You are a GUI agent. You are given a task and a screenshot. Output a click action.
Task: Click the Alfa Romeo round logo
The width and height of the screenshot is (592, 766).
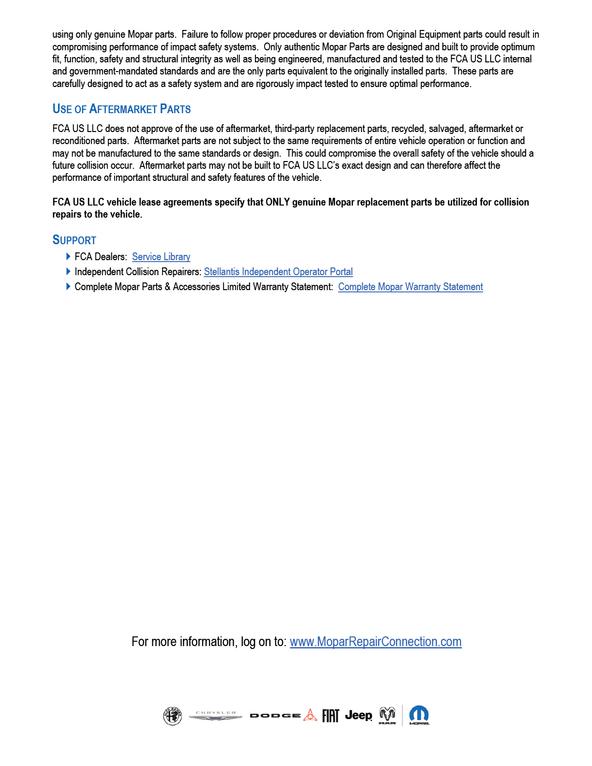[172, 716]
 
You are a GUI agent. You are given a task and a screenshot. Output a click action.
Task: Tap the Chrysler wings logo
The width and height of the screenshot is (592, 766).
[216, 716]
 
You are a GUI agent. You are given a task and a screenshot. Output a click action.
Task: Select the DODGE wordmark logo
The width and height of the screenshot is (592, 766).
[275, 716]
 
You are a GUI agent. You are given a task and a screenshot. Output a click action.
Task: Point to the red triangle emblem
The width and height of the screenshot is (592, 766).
[310, 715]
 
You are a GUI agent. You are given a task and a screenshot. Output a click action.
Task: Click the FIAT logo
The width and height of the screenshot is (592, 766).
[331, 716]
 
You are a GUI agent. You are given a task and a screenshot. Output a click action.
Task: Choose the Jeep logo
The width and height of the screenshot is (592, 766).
[358, 715]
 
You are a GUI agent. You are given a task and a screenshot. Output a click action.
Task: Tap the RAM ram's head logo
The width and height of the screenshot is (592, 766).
[387, 715]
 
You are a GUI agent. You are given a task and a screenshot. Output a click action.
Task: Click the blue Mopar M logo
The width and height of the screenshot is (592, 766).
[419, 715]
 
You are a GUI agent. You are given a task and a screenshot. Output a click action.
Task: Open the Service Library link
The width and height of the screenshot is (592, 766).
[161, 257]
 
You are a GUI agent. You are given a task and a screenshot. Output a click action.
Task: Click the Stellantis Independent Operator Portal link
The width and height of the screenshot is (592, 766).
[278, 272]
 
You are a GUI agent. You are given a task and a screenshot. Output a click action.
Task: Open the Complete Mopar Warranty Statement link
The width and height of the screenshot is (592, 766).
[410, 287]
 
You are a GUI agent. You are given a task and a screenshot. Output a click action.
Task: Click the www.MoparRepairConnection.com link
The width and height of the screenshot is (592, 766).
[375, 642]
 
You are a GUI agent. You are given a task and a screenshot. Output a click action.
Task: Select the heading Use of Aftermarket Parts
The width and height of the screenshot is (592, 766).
[121, 109]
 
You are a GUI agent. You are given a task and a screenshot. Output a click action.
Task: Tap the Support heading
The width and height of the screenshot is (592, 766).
[74, 240]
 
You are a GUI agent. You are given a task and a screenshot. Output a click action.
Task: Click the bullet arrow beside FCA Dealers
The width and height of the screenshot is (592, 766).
[68, 256]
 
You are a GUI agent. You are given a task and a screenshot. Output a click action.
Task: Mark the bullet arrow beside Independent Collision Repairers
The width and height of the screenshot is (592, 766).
[68, 271]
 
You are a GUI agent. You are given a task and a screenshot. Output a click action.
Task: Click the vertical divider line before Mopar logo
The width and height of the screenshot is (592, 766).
[402, 715]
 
